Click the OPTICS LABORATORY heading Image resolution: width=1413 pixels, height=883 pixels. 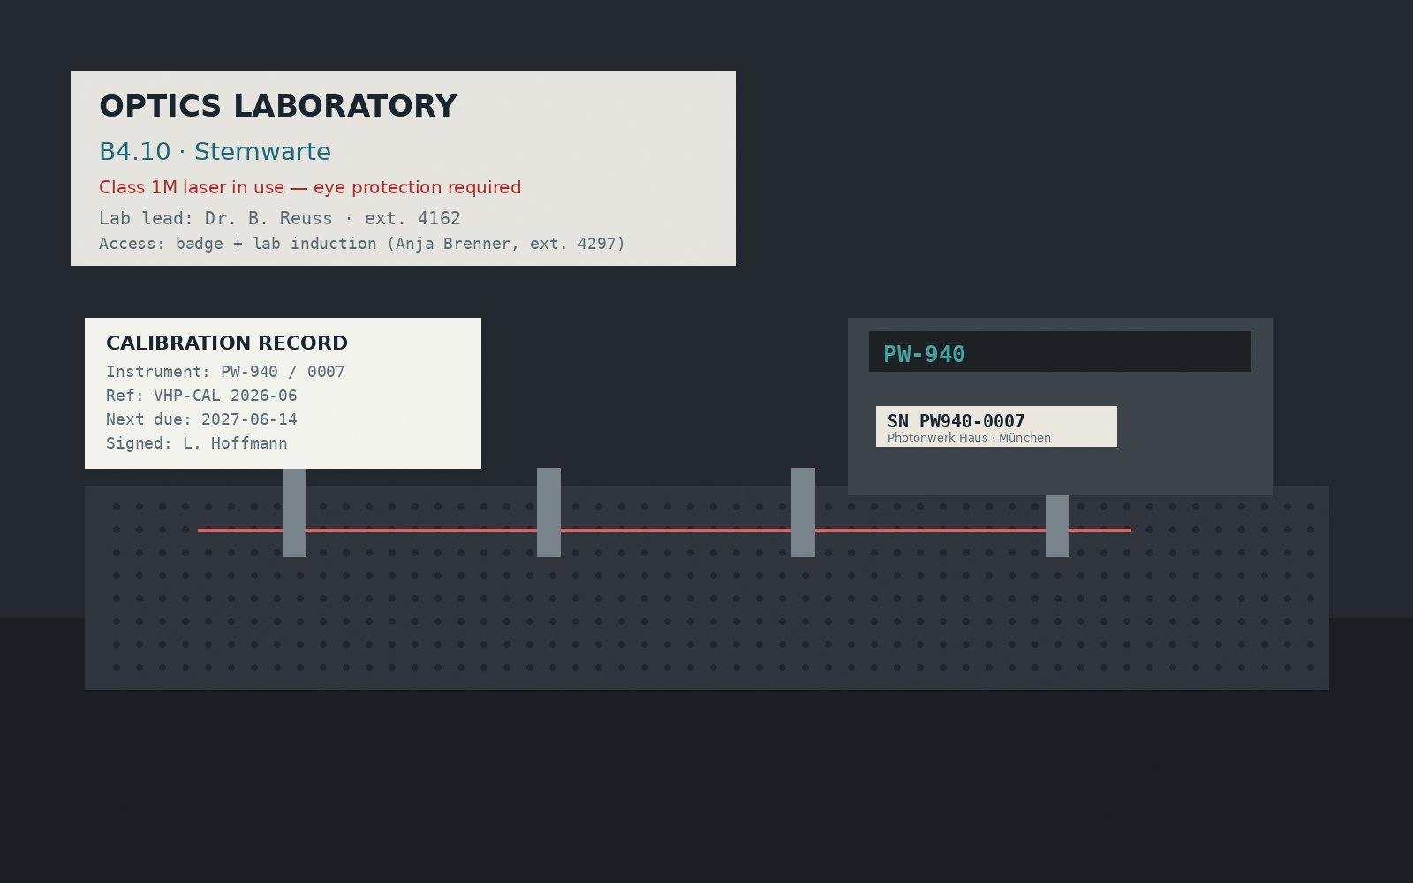pos(277,106)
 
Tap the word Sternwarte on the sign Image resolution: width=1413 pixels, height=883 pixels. pos(262,152)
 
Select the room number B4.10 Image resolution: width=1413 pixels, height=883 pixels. pos(135,152)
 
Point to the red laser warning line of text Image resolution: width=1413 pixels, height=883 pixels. pos(310,187)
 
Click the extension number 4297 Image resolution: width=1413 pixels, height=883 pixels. pos(597,244)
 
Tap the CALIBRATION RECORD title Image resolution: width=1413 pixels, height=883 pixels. pos(226,343)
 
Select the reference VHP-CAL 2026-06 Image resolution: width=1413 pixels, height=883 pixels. pos(225,396)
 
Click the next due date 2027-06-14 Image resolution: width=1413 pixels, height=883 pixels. pos(249,419)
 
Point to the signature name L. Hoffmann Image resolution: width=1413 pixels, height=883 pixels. pos(235,443)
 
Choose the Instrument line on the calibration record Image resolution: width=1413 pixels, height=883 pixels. pos(225,372)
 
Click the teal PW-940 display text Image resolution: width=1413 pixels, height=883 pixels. pos(924,354)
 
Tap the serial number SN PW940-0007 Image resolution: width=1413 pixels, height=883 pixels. pos(956,420)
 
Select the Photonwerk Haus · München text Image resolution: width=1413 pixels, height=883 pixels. pos(969,438)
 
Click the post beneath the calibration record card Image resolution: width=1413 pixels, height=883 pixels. pos(295,513)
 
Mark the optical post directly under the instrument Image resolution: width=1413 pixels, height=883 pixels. pos(1057,526)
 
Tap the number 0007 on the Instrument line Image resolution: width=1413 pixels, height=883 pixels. pos(326,372)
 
